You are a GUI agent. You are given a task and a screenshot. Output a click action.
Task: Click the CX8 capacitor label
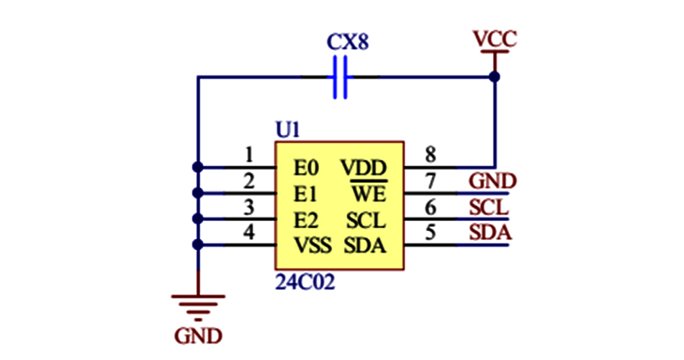click(348, 42)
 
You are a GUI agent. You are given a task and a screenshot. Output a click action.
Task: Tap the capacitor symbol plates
click(341, 78)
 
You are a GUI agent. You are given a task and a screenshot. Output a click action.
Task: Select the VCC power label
click(494, 39)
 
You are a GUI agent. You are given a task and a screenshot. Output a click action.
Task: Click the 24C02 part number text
click(305, 282)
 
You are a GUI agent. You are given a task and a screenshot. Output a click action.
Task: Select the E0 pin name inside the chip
click(305, 168)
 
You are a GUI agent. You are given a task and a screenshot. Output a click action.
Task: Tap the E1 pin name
click(305, 194)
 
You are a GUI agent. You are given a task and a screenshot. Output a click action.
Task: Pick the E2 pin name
click(305, 220)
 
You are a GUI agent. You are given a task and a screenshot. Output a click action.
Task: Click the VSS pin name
click(312, 246)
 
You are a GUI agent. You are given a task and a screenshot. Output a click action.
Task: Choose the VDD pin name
click(364, 168)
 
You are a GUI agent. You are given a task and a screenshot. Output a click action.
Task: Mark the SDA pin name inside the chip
click(365, 246)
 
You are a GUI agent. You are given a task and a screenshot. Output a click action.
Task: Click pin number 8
click(431, 154)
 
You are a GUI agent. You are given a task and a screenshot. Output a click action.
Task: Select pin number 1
click(249, 154)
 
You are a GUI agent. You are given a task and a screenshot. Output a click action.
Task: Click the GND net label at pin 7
click(492, 181)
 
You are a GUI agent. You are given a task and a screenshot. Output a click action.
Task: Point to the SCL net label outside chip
click(490, 207)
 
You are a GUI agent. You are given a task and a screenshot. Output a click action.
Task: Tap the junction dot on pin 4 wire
click(198, 246)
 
